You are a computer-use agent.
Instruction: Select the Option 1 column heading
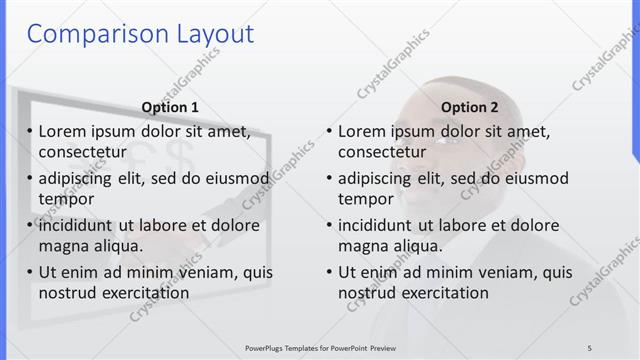coord(170,108)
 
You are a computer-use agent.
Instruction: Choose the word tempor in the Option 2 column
coord(366,199)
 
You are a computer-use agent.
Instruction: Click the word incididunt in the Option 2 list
coord(381,225)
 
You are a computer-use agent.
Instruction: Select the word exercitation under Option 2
coord(441,293)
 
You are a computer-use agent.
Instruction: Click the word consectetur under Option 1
coord(83,152)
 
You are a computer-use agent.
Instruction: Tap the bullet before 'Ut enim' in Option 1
coord(30,272)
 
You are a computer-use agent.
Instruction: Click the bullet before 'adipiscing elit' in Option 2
coord(330,179)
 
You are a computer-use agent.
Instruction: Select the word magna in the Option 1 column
coord(63,246)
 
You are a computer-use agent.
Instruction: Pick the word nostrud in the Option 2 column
coord(365,293)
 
